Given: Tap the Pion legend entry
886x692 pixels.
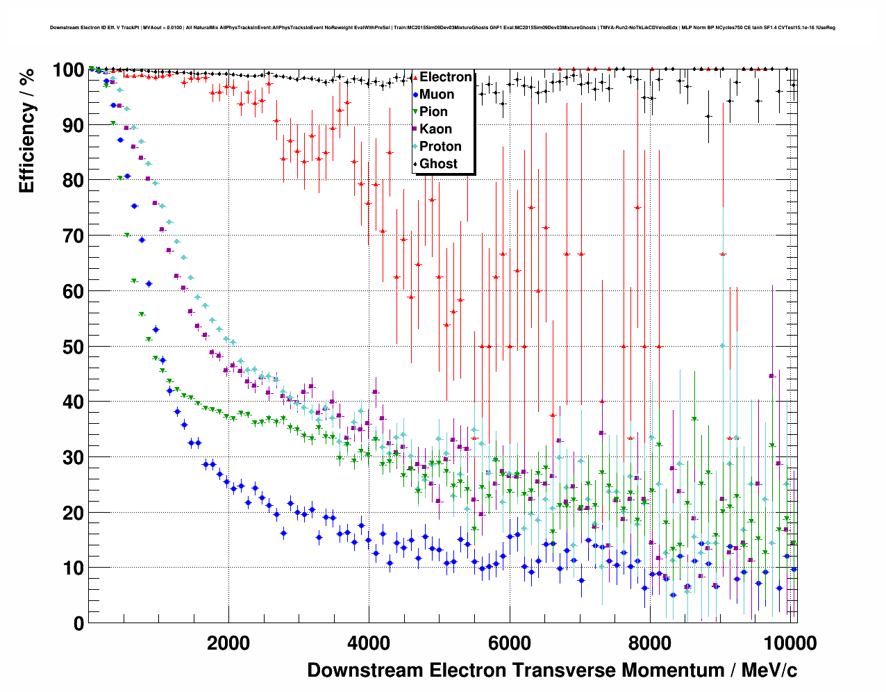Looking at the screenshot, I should pos(433,112).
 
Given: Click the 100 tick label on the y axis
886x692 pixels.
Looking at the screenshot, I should pos(68,70).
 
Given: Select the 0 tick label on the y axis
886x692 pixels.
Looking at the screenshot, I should pos(78,623).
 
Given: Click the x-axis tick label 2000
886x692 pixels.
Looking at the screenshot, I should pos(228,643).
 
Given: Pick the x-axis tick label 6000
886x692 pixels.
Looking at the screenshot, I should pos(509,643).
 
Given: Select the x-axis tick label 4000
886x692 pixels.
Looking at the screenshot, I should pos(369,643).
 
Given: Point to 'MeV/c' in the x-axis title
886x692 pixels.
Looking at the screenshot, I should pos(769,670).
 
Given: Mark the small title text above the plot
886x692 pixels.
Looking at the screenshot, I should pos(442,28).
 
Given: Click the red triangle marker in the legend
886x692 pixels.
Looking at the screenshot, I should pos(415,77).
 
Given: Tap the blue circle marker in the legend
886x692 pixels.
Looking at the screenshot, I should pos(415,94).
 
